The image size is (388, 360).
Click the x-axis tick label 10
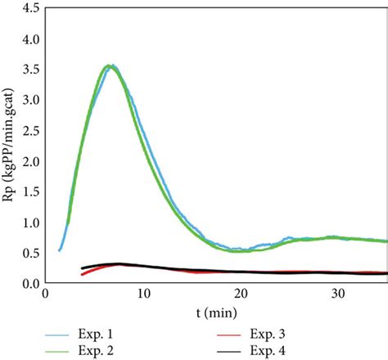click(x=144, y=294)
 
